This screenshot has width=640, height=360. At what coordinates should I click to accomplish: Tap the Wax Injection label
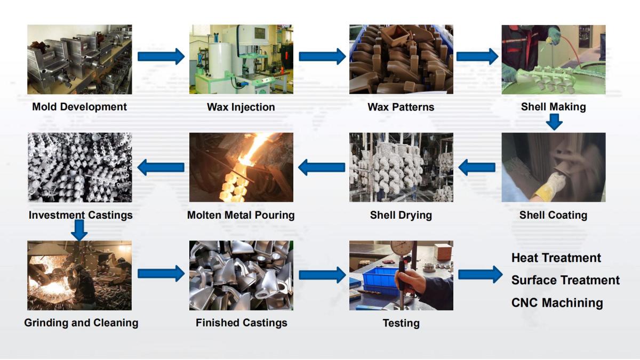pyautogui.click(x=241, y=107)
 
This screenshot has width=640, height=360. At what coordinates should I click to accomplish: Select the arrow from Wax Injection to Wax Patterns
pyautogui.click(x=322, y=57)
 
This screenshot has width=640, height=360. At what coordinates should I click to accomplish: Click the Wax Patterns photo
pyautogui.click(x=401, y=59)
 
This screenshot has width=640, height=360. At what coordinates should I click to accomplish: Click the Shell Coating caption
pyautogui.click(x=553, y=215)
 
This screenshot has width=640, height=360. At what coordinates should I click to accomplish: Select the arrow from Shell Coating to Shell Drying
pyautogui.click(x=477, y=167)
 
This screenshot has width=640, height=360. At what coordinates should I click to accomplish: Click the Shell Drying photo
pyautogui.click(x=401, y=167)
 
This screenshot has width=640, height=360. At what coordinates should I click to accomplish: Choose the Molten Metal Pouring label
pyautogui.click(x=241, y=215)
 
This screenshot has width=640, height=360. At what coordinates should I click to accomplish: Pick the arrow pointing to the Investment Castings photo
pyautogui.click(x=161, y=167)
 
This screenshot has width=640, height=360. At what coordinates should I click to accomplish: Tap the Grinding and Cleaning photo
pyautogui.click(x=79, y=275)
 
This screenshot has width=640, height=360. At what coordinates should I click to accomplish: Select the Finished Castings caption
pyautogui.click(x=241, y=323)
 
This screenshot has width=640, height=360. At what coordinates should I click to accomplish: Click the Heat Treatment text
pyautogui.click(x=556, y=258)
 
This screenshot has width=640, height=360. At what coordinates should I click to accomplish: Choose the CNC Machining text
pyautogui.click(x=557, y=303)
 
